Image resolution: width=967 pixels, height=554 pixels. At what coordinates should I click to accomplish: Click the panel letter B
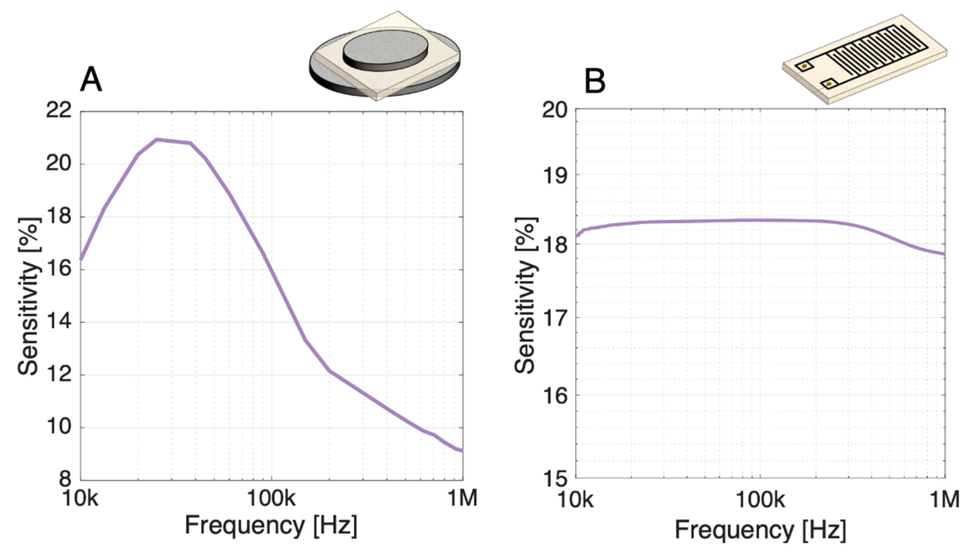595,82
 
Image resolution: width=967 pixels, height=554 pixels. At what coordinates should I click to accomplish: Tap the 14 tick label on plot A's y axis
59,322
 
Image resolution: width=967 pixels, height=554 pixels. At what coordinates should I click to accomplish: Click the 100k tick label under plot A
271,499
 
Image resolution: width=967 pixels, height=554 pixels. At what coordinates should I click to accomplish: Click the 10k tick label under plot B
575,500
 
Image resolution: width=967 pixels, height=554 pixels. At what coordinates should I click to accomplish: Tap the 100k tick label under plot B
760,500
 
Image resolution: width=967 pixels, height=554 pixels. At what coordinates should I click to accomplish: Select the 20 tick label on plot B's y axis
554,110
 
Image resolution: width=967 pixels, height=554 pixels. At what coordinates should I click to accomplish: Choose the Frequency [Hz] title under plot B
760,530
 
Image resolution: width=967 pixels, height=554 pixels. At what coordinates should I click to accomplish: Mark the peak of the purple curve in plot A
157,140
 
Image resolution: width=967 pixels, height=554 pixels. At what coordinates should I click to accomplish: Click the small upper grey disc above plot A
385,48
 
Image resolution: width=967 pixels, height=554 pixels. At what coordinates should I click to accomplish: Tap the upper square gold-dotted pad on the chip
804,67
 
